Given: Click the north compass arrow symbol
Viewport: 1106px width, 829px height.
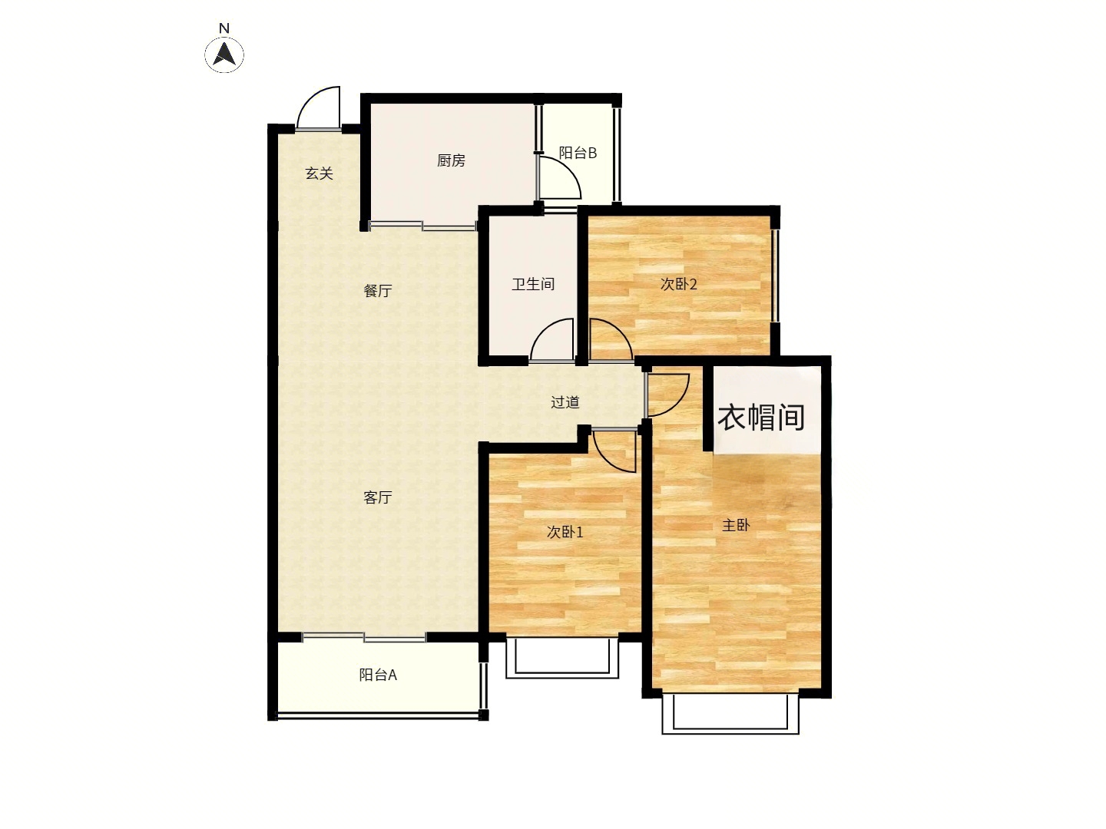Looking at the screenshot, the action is point(224,54).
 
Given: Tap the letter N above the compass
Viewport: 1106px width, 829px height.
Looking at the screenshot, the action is point(224,28).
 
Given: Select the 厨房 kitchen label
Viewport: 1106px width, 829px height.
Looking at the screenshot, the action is point(451,160).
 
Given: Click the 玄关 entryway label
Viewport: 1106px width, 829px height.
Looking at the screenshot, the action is point(319,173).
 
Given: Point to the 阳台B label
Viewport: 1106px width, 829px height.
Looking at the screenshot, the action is point(578,153).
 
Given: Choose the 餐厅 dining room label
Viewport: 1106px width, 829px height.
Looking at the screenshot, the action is point(378,290).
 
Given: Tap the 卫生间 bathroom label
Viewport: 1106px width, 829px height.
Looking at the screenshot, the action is point(533,284).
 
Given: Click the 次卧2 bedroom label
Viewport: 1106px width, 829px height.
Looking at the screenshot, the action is point(679,284).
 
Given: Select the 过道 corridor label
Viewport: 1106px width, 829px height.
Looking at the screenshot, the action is point(565,402).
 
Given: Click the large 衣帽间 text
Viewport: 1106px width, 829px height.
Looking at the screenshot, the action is point(761,418).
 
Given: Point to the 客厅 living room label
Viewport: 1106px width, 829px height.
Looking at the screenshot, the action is point(378,497).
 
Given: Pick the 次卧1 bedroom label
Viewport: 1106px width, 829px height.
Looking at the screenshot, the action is point(565,532).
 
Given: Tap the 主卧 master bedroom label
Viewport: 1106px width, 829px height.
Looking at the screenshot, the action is point(736,526).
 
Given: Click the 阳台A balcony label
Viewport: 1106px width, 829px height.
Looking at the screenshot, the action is point(378,675).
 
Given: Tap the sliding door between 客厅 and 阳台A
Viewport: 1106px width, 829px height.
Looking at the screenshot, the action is point(364,637).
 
